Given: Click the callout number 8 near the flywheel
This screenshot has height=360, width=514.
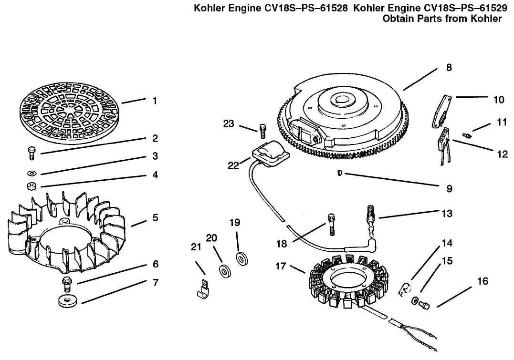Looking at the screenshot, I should pos(449,67).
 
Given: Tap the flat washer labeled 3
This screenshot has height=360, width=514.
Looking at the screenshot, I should pos(31,173).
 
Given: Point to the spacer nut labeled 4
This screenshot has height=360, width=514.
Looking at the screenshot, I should pos(32,185).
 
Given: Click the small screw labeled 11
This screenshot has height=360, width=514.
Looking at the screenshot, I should pos(468,135).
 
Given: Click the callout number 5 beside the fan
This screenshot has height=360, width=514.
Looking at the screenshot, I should pos(155,218).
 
